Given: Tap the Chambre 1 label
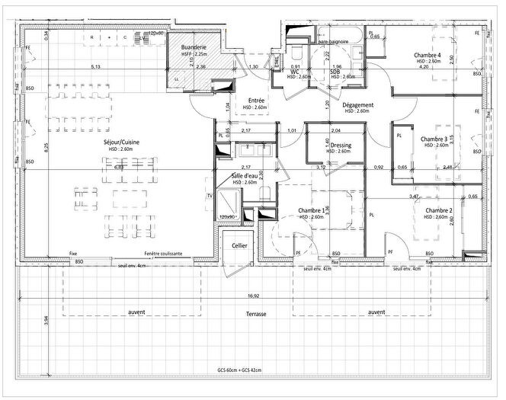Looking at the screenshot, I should [x=312, y=210].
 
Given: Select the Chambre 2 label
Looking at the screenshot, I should [x=440, y=210].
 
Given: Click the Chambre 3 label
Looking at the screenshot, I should [x=434, y=139].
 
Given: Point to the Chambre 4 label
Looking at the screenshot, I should [x=428, y=56].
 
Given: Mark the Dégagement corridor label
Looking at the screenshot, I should [x=357, y=105].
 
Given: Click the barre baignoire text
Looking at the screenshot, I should [x=334, y=32].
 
